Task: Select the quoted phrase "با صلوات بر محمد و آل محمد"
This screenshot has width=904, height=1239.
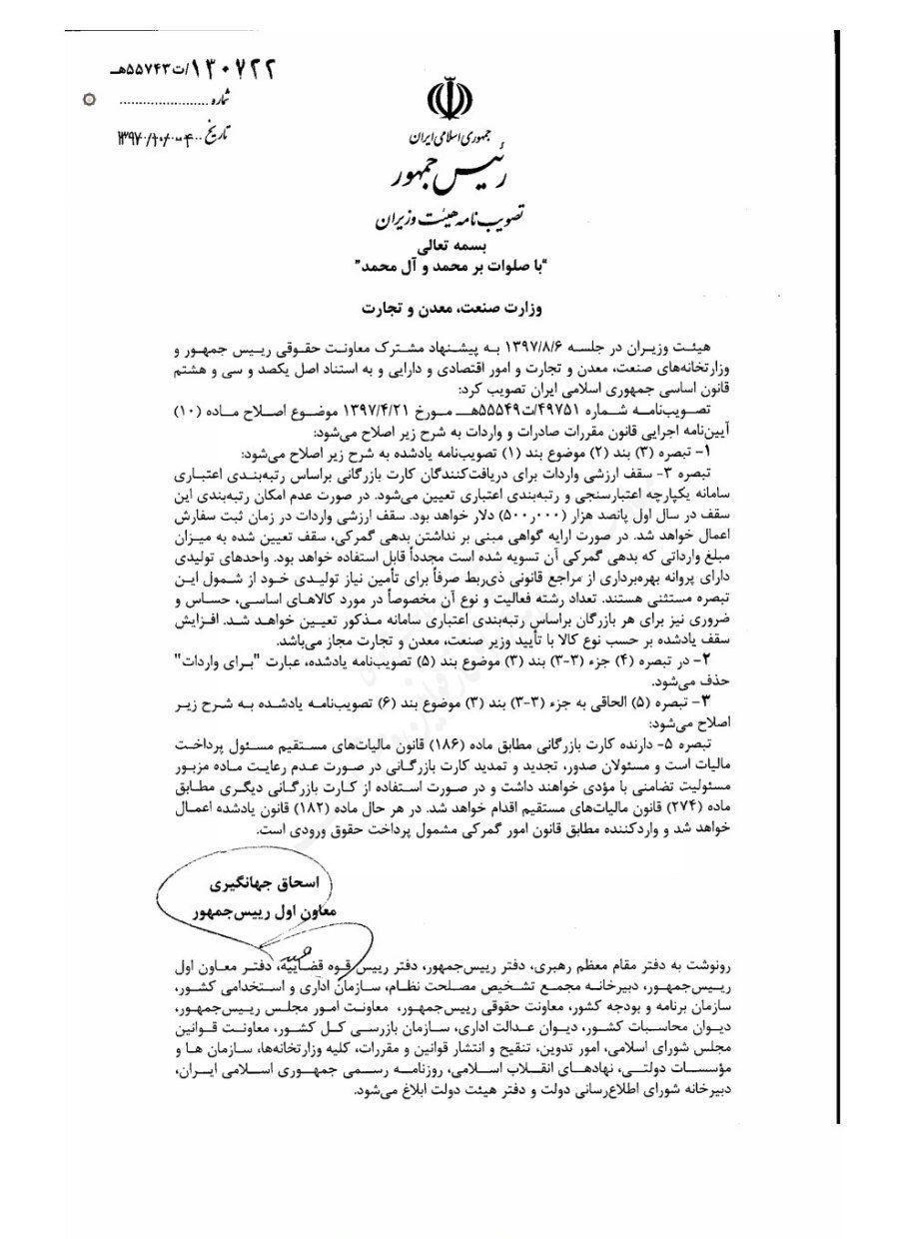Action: [x=447, y=266]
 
